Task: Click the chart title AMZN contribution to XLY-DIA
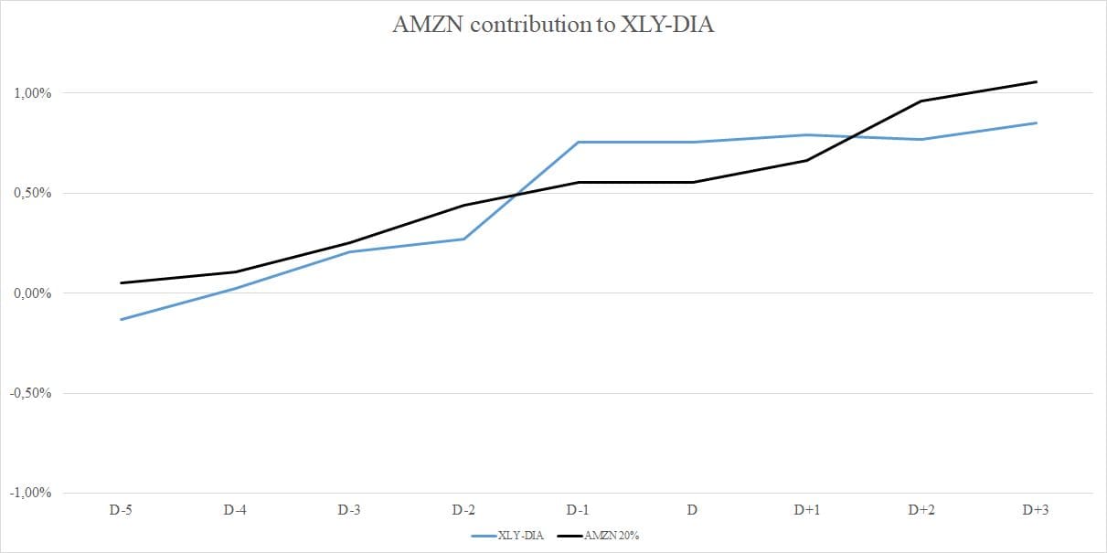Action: coord(553,26)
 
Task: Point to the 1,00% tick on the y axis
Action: coord(32,93)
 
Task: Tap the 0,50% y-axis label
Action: coord(32,193)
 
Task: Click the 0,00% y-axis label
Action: coord(32,293)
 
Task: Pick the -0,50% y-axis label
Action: coord(30,393)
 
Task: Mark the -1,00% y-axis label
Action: coord(30,493)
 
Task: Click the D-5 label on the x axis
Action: coord(121,511)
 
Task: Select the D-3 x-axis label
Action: coord(349,511)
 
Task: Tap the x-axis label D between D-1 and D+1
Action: coord(692,511)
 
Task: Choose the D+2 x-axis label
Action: coord(921,511)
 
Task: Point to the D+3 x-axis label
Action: coord(1035,511)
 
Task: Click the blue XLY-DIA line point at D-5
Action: coord(121,320)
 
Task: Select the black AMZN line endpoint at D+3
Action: coord(1036,81)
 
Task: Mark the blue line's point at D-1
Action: coord(578,142)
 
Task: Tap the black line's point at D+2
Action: coord(921,101)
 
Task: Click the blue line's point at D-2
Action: coord(463,239)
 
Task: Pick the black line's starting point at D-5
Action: coord(121,282)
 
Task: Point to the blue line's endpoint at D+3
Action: coord(1036,122)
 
